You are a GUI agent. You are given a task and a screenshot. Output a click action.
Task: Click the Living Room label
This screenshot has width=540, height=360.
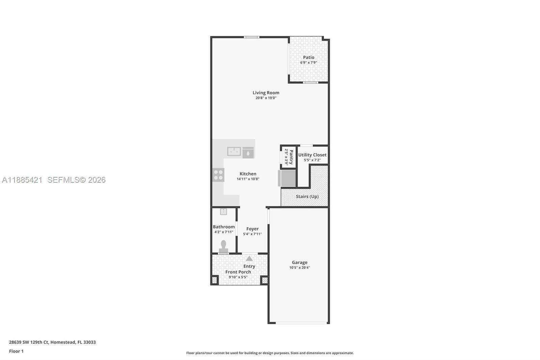click(x=266, y=93)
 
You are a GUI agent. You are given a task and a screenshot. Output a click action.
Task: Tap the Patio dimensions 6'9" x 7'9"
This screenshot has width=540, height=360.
click(x=308, y=62)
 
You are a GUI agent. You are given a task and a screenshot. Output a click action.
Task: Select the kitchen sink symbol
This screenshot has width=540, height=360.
click(x=234, y=151)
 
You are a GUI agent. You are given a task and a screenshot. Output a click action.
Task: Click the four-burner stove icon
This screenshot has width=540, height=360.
click(x=218, y=175)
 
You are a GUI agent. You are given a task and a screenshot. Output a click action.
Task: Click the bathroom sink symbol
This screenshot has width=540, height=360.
click(x=223, y=212)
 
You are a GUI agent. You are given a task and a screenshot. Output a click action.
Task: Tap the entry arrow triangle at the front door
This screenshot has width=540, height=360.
click(x=249, y=259)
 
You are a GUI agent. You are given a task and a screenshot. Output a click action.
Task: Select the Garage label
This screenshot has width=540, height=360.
click(x=299, y=262)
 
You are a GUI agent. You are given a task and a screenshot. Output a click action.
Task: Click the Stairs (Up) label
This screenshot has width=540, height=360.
click(x=307, y=197)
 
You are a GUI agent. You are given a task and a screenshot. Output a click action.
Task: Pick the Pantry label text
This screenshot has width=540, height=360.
click(x=291, y=157)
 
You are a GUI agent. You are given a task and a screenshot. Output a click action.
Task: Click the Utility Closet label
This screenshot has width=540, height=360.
click(x=312, y=155)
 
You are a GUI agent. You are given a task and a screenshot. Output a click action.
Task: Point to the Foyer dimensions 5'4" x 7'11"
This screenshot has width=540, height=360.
click(x=252, y=234)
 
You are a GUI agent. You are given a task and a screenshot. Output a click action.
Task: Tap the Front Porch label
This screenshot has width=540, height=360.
click(x=238, y=272)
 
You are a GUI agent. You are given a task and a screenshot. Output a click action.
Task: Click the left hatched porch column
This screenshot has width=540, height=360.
click(x=214, y=280)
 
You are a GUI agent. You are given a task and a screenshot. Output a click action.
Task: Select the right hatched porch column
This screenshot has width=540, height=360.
click(x=265, y=280)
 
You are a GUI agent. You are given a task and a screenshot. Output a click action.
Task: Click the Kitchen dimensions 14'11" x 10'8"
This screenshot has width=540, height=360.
click(x=248, y=179)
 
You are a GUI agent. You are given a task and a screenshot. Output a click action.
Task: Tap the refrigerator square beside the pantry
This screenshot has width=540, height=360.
click(x=287, y=178)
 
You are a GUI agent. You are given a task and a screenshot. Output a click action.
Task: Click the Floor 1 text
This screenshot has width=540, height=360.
click(x=16, y=351)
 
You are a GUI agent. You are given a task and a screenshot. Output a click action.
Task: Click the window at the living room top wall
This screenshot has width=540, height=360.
click(x=252, y=37)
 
